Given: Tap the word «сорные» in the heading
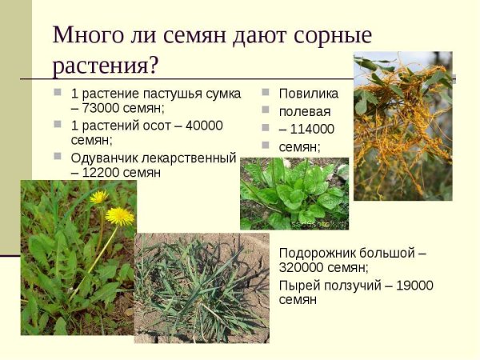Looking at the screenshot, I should click(330, 35).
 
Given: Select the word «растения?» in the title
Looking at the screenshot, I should click(106, 65).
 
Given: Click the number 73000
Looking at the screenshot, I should click(102, 108).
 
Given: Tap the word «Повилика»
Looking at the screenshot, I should click(308, 94).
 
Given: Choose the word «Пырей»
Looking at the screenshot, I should click(298, 285).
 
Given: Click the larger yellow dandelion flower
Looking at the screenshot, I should click(120, 215).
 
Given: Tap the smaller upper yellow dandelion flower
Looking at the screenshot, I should click(99, 196).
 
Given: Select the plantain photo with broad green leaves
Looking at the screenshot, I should click(294, 194).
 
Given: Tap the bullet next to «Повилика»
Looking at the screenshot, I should click(266, 93).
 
